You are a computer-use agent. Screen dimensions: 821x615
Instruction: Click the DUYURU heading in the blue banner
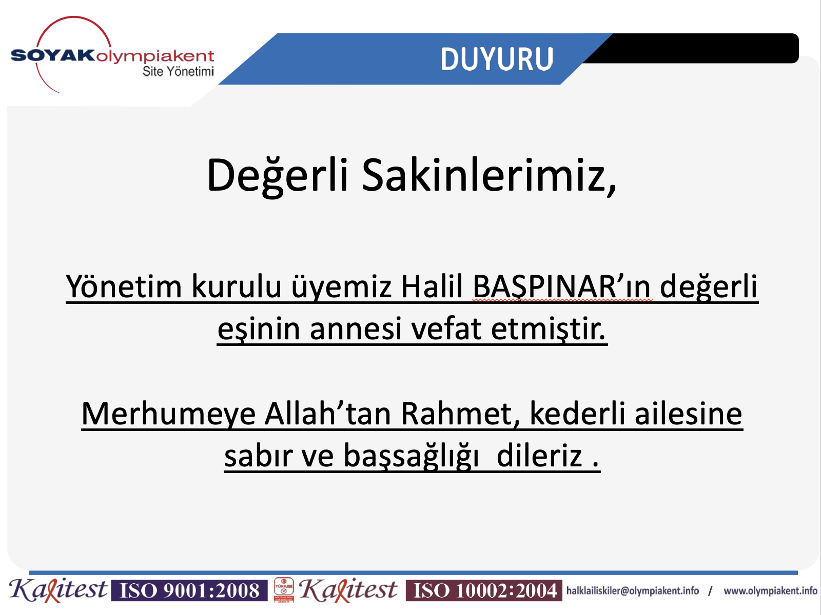pos(496,58)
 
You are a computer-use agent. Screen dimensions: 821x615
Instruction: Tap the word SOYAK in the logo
pos(53,55)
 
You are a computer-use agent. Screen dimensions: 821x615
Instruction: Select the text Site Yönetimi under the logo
pos(178,71)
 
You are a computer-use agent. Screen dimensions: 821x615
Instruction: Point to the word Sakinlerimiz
pos(489,175)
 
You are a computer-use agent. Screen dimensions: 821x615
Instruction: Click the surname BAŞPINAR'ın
pos(562,286)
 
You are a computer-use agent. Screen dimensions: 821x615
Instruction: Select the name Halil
pos(432,286)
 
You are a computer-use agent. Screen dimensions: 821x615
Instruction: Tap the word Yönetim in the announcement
pos(124,286)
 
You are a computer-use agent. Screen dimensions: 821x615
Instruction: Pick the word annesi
pos(355,329)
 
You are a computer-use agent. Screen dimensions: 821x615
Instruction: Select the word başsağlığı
pos(411,456)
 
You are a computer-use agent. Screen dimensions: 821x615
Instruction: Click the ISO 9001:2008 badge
pos(189,590)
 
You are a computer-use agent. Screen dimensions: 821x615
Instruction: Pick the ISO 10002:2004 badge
pos(484,590)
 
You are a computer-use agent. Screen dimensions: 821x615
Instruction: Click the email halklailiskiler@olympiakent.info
pos(633,591)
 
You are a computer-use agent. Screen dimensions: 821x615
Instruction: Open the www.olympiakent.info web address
pos(771,591)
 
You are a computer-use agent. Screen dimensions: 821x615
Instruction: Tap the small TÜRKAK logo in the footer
pos(284,590)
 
